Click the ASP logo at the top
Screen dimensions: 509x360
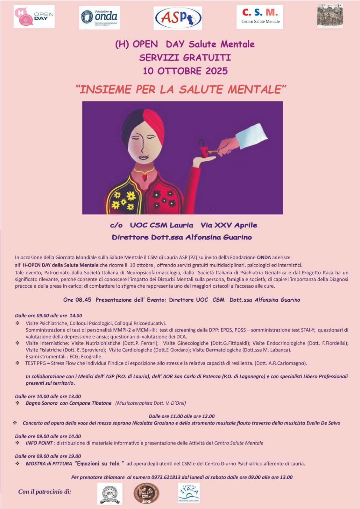(x=178, y=18)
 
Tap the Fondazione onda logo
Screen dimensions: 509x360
(x=100, y=17)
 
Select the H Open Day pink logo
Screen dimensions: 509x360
(x=34, y=17)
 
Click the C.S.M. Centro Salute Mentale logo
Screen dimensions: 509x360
(x=260, y=17)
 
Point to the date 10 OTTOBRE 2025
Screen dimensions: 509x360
(x=185, y=71)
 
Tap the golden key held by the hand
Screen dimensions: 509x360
(x=213, y=152)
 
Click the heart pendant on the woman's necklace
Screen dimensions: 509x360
(x=145, y=177)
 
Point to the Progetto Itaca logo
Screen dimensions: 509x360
(x=189, y=493)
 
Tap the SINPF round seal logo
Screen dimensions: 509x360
(x=109, y=493)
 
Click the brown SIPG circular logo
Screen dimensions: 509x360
(x=146, y=493)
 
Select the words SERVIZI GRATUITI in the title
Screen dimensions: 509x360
(x=185, y=58)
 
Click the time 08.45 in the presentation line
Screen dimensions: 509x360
(x=83, y=300)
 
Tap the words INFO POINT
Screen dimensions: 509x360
(x=39, y=443)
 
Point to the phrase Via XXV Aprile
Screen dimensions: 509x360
(x=229, y=225)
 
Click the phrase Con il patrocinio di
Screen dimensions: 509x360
(x=45, y=492)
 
